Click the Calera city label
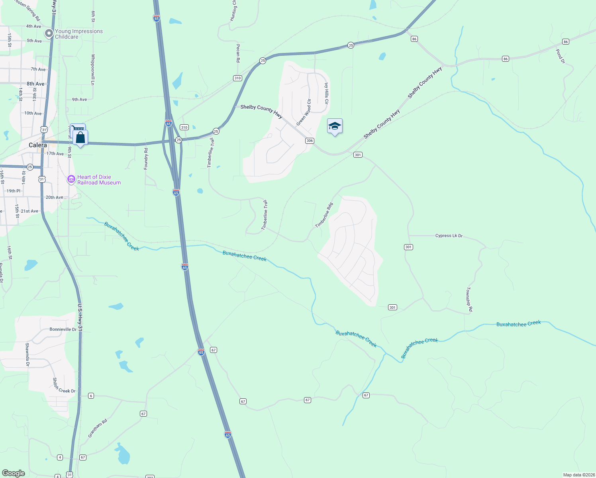pos(38,145)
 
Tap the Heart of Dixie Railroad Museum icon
pos(71,179)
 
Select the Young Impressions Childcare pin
pos(49,33)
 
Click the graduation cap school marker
pos(335,126)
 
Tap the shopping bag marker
pos(80,138)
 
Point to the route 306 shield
pos(310,141)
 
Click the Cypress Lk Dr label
pos(449,236)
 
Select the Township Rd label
pos(469,299)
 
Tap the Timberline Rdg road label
pos(324,215)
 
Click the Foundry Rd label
pos(146,158)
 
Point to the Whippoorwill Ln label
pos(93,69)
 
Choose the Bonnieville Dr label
pos(63,329)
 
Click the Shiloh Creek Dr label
pos(64,386)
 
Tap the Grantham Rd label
pos(98,428)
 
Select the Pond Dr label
pos(560,56)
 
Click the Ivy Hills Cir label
pos(326,94)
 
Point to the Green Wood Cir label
pos(304,113)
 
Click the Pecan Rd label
pos(238,53)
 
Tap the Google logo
pos(14,473)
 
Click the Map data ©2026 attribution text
pos(578,475)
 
